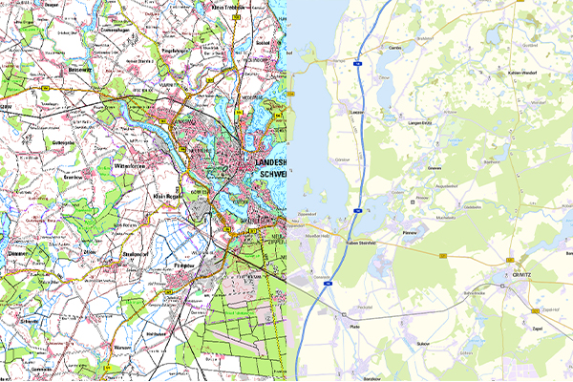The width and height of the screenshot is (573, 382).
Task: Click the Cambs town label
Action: point(394,46)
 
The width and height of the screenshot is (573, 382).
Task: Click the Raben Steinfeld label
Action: point(360,243)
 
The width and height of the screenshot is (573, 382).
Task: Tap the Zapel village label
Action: point(536,327)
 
